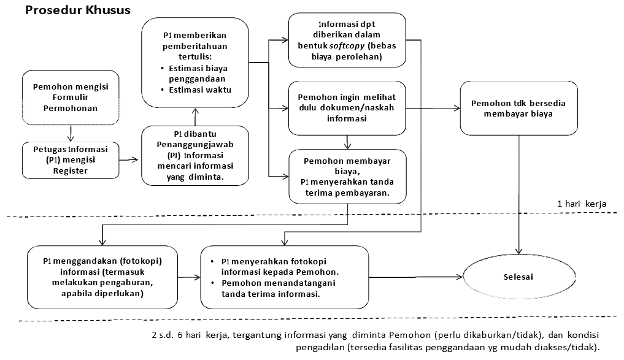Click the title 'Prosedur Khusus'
point(77,10)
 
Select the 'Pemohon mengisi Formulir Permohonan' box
point(71,98)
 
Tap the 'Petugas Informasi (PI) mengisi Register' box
point(71,160)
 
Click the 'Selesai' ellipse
point(519,277)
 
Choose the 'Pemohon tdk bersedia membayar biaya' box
point(518,108)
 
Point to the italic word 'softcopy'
point(347,45)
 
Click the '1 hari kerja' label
point(582,204)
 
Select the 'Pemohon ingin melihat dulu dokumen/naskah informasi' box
point(347,108)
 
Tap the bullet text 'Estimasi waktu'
point(200,90)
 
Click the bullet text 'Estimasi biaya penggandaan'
point(198,74)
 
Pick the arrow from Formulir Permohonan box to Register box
point(71,133)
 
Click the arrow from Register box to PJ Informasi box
point(128,160)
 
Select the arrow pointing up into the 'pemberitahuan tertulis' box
point(195,117)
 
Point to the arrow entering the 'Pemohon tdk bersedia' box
point(433,108)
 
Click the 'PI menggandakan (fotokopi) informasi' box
point(102,277)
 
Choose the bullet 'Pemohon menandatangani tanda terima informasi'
point(278,288)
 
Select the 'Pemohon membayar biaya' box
point(347,177)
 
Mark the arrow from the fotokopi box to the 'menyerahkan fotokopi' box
point(189,277)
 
